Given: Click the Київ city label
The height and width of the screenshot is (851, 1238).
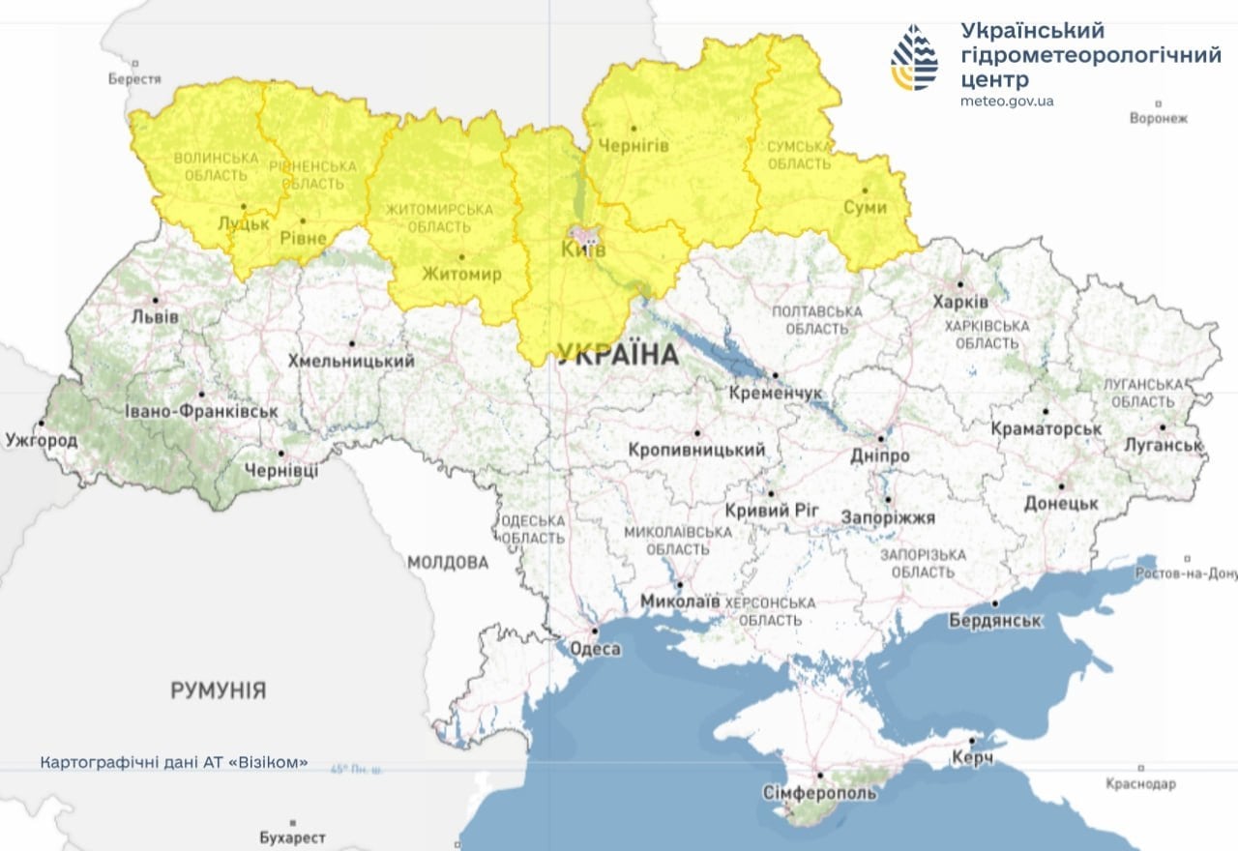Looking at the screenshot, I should pos(583,250).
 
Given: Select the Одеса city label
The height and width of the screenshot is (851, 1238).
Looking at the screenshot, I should pos(594,649).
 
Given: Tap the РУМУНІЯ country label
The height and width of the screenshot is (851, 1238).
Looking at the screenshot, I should pos(218,690).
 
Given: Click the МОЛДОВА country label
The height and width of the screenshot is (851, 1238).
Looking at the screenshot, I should pos(448,562).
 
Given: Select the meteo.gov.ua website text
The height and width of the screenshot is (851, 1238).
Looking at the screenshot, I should pos(1007,101).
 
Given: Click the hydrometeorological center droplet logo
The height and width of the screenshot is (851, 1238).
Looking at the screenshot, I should pos(914,58).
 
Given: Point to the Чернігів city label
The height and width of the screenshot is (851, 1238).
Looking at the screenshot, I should pos(634,144).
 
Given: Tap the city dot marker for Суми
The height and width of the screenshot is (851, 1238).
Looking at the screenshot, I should pos(866,190).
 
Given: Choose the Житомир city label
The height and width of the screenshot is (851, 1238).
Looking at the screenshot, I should pos(461,274).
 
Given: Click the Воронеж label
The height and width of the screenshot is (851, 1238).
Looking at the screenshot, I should pos(1158,118).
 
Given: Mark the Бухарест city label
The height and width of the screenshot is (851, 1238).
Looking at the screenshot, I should pos(293,837).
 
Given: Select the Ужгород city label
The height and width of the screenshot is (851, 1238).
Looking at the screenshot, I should pos(42,440).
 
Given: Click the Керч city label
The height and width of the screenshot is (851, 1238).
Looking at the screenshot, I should pos(972,758).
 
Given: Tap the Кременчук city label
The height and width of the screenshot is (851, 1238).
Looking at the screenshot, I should pos(777,393).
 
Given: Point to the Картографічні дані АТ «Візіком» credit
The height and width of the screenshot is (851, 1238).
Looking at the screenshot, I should pos(174,762).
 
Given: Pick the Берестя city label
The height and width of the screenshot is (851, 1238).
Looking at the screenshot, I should pos(133,78).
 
